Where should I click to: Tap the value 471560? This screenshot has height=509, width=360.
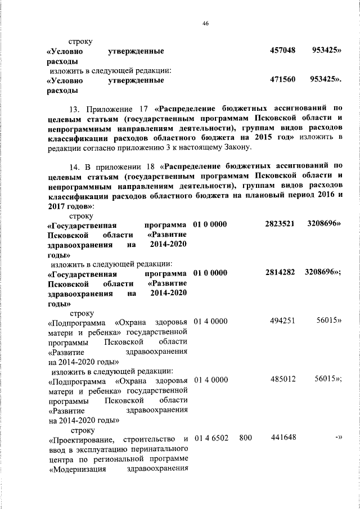coord(283,80)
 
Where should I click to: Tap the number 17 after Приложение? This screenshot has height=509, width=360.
coord(142,108)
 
